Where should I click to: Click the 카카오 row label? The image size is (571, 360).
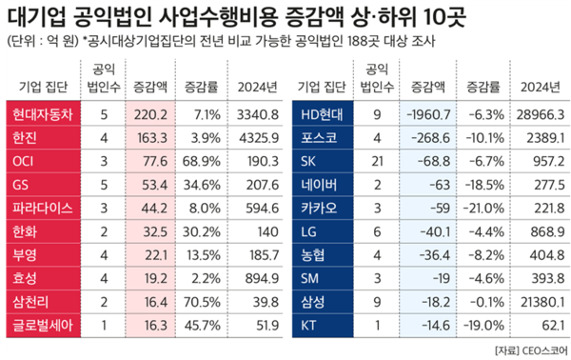(319, 207)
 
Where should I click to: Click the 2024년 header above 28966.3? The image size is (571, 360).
(540, 86)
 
